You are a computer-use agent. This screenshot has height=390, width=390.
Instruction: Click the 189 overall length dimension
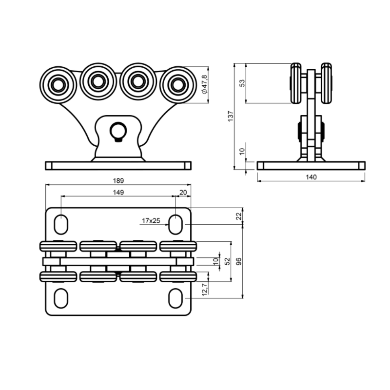(118, 180)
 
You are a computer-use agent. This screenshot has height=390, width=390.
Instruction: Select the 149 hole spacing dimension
(118, 193)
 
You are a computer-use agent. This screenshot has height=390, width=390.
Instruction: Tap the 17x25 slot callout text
(151, 221)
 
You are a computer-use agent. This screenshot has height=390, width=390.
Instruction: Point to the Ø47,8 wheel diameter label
(204, 84)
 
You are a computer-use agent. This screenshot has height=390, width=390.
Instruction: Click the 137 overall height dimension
(231, 116)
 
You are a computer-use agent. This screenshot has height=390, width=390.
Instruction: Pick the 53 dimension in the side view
(242, 83)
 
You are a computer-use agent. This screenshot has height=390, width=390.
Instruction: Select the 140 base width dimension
(311, 177)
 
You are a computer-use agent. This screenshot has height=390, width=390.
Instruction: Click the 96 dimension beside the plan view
(238, 261)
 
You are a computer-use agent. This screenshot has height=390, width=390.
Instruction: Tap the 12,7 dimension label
(205, 289)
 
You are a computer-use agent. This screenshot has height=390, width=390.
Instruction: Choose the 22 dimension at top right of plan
(239, 216)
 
